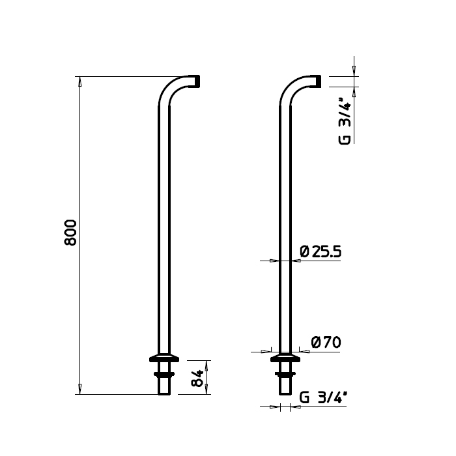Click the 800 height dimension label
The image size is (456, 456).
(72, 233)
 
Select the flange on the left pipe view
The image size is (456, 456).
(165, 358)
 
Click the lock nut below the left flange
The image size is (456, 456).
(165, 373)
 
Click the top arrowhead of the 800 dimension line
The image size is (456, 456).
(79, 81)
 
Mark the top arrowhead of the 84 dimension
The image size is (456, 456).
(208, 363)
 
